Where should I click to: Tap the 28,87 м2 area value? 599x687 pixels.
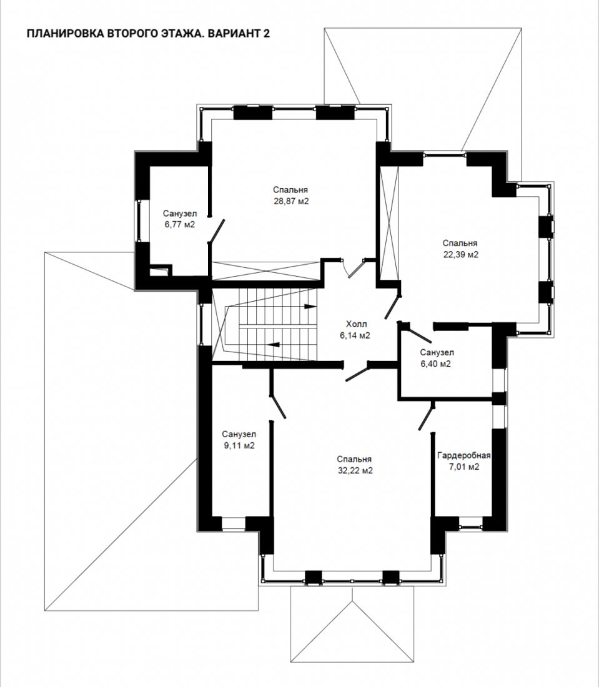[290, 202]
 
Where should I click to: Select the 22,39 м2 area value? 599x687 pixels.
[460, 255]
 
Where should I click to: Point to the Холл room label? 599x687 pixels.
[356, 324]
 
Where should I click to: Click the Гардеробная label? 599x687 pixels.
[463, 455]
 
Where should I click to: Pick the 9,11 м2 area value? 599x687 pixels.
[239, 446]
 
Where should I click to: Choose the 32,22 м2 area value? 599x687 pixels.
[355, 471]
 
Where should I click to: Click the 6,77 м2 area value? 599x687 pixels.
[180, 225]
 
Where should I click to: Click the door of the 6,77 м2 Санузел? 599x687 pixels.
[216, 231]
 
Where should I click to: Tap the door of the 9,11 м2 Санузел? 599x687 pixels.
[278, 406]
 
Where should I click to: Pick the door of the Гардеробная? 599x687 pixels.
[427, 418]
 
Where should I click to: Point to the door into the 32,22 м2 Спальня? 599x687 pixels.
[357, 373]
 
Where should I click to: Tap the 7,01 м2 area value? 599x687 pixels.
[464, 467]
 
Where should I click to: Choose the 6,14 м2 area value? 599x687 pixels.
[355, 336]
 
